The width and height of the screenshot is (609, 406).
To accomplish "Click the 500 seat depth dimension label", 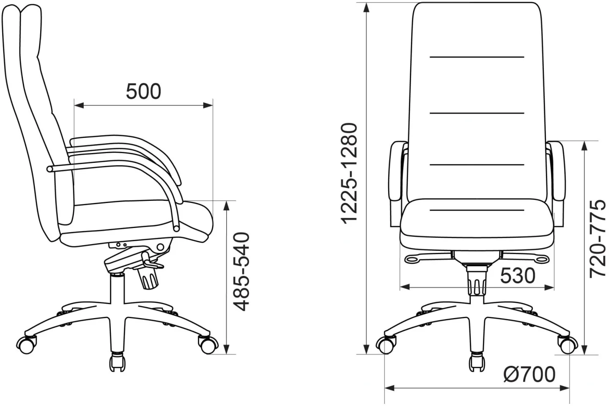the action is [143, 91].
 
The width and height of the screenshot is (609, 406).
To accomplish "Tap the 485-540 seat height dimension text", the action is [242, 272].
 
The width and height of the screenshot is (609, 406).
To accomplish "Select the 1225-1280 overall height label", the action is [349, 174].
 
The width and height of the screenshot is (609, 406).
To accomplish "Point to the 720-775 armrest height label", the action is [598, 239].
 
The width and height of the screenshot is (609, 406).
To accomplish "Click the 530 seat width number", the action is [518, 276].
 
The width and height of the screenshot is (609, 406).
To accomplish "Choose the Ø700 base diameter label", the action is [529, 374].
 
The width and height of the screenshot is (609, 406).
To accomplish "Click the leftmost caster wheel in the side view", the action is [26, 346].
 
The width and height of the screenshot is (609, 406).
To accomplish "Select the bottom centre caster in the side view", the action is [118, 362].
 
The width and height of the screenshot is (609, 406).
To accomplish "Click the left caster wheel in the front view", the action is [386, 346].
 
